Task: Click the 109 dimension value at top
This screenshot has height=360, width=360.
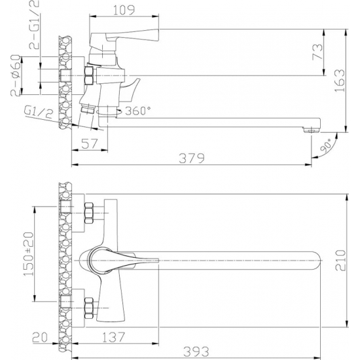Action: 124,10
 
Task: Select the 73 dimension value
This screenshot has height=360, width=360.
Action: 317,52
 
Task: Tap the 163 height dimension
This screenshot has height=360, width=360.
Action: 340,81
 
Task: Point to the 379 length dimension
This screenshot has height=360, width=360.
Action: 192,158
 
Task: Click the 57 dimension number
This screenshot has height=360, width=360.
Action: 90,144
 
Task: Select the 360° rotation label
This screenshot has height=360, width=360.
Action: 137,111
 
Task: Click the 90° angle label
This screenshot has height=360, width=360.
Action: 326,145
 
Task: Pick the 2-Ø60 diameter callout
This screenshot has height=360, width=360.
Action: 16,75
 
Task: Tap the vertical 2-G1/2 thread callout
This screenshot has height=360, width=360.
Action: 34,25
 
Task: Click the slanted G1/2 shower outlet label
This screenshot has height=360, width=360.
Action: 39,113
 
